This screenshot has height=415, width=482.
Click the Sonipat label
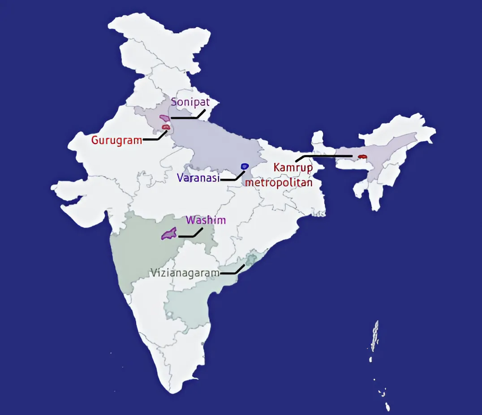190,102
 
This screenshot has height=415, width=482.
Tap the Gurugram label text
116,140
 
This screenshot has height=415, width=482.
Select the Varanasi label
198,178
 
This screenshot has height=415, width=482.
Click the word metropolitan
278,182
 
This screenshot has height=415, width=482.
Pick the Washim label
206,220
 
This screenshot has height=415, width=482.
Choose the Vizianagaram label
185,273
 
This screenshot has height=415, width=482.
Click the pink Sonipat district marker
164,118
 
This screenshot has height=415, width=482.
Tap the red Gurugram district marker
166,127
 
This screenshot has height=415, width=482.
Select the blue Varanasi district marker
245,166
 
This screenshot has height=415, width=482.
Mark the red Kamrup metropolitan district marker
362,157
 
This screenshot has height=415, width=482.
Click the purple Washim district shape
169,233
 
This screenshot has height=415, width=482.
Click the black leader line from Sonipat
186,118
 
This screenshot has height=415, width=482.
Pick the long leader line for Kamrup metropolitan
327,156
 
